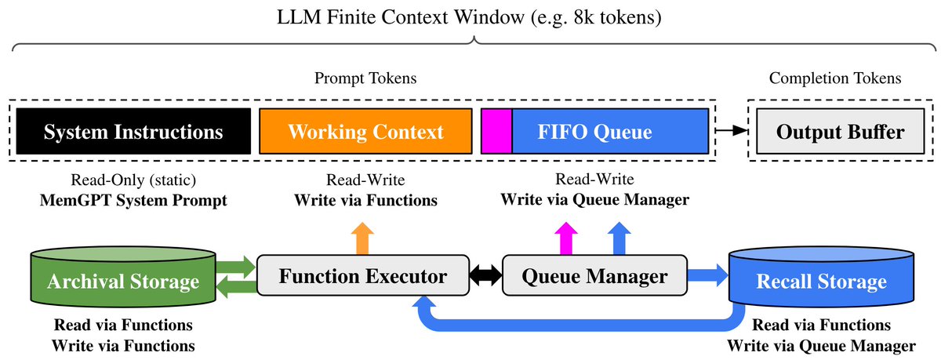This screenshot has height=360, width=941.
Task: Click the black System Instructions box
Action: coord(133,131)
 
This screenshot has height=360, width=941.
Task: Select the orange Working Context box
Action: coord(365,131)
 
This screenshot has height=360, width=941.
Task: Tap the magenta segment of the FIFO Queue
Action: coord(496,131)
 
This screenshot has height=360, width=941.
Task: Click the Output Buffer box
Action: coord(840,131)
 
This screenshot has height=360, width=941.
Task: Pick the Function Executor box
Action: coord(363,275)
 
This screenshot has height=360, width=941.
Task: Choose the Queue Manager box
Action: coord(594,275)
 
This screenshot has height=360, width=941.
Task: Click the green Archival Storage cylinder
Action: coord(123,277)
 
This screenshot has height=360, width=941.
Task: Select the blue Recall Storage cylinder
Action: coord(821,277)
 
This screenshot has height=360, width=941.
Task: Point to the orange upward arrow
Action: coord(362,238)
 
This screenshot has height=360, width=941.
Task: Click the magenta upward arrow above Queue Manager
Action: coord(566,238)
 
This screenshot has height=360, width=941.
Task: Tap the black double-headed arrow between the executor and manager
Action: coord(485,275)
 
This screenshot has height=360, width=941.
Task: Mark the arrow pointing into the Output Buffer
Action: coord(732,131)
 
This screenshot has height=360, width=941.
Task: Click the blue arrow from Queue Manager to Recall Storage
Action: coord(708,275)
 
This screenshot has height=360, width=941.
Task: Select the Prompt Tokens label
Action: coord(365,78)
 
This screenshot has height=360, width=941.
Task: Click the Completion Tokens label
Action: coord(835,78)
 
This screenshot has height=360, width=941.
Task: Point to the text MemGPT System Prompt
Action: coord(133,200)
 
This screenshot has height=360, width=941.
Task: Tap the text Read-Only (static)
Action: coord(133,180)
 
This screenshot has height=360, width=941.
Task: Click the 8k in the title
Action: coord(584,17)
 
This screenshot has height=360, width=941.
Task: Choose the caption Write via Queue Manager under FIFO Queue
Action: coord(594,199)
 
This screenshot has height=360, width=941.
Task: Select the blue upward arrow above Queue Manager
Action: coord(619,238)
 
